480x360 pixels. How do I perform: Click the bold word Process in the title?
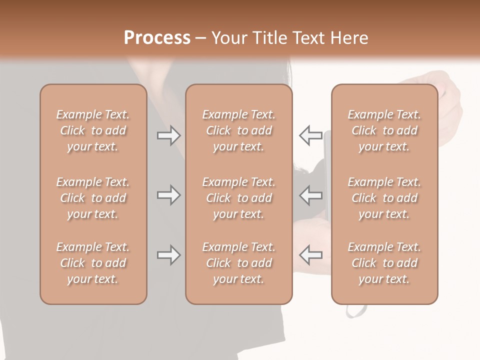click(157, 38)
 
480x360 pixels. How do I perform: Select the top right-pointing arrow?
click(168, 135)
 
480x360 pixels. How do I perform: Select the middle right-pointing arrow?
click(168, 195)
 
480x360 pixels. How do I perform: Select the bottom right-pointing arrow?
click(168, 255)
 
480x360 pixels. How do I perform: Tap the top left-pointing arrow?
click(310, 135)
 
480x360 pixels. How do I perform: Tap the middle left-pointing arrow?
click(310, 195)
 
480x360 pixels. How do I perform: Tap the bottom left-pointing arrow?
click(310, 255)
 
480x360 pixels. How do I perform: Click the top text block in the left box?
click(93, 130)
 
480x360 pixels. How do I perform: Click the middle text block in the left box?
click(93, 198)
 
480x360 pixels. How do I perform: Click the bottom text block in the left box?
click(93, 263)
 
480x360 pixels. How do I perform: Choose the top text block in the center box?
click(238, 130)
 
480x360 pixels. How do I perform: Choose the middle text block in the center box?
click(238, 198)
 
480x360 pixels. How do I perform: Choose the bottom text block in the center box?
click(238, 263)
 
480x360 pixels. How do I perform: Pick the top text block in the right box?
click(384, 130)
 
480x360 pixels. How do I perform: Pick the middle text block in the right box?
click(384, 198)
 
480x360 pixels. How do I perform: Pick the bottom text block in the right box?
click(384, 263)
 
